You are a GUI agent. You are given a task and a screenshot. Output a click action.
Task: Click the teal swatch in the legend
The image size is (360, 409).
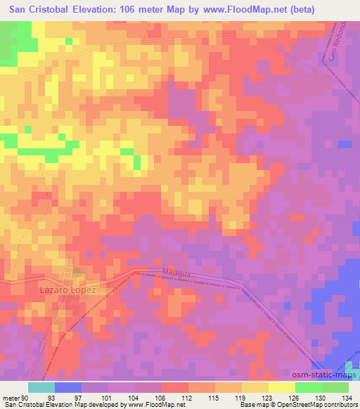[x=41, y=387]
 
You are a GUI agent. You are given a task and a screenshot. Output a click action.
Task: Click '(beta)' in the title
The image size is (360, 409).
[x=280, y=9]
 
